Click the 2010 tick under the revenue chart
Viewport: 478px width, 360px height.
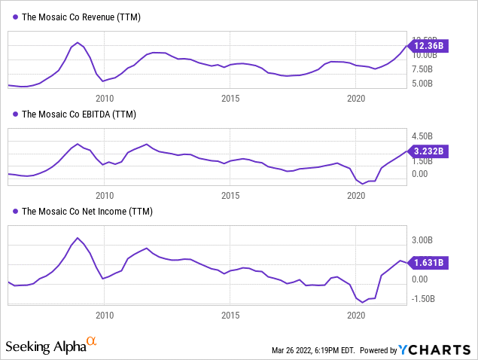[x=104, y=98]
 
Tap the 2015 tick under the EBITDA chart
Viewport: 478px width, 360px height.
[x=230, y=195]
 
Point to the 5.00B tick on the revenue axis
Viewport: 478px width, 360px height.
[x=422, y=84]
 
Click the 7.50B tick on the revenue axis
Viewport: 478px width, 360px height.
[x=422, y=69]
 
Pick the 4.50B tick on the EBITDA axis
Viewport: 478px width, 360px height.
[x=422, y=136]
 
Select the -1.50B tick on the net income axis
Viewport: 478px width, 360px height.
[x=421, y=298]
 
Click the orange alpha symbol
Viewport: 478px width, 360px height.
[x=92, y=342]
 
